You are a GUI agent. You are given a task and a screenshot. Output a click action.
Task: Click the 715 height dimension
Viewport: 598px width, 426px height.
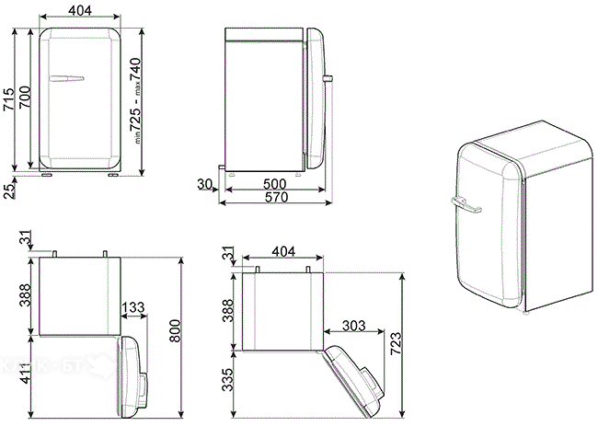[x=9, y=98]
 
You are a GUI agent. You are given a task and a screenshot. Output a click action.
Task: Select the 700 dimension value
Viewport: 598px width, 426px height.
[x=26, y=98]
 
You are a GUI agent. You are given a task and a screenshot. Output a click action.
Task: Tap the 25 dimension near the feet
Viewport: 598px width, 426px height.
[x=8, y=190]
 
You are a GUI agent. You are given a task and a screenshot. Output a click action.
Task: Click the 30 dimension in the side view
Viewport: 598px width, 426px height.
[x=204, y=184]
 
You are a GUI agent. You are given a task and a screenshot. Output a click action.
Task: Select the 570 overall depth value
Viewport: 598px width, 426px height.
[x=274, y=199]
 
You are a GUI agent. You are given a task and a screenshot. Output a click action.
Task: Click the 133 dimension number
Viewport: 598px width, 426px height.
[x=132, y=307]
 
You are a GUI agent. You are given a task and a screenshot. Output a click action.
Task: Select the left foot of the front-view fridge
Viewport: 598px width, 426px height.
[x=45, y=171]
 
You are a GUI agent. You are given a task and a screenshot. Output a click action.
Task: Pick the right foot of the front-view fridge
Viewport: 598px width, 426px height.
[x=111, y=171]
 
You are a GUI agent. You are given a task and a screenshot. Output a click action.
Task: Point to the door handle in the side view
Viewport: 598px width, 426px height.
[x=328, y=81]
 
